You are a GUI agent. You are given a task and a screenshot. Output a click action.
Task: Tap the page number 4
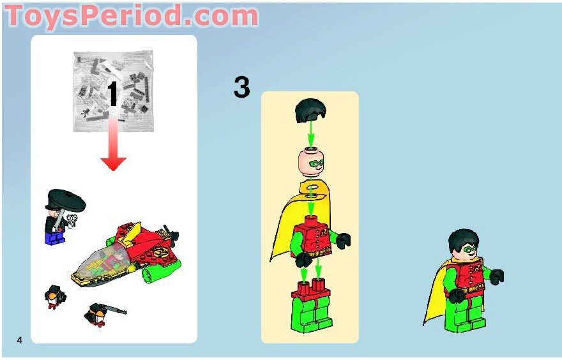tap(20, 339)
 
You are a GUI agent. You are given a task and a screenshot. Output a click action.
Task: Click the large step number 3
tap(241, 87)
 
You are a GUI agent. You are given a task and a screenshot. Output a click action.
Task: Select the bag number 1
tap(112, 94)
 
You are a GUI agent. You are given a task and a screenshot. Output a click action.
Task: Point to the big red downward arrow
tap(113, 146)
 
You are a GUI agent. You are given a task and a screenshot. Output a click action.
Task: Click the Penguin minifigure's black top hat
tap(66, 200)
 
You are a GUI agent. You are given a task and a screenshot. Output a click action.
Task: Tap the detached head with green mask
tap(310, 162)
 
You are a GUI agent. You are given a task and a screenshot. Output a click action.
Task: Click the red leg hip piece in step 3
tap(309, 291)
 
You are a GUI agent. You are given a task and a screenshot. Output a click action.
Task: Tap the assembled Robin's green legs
tap(470, 315)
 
